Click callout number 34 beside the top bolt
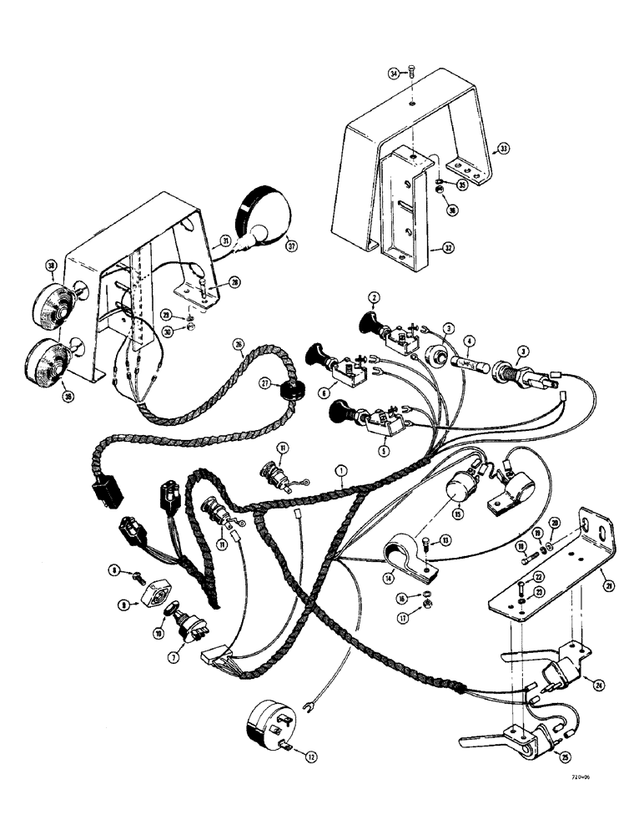tap(393, 74)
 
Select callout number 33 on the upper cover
tap(503, 149)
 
